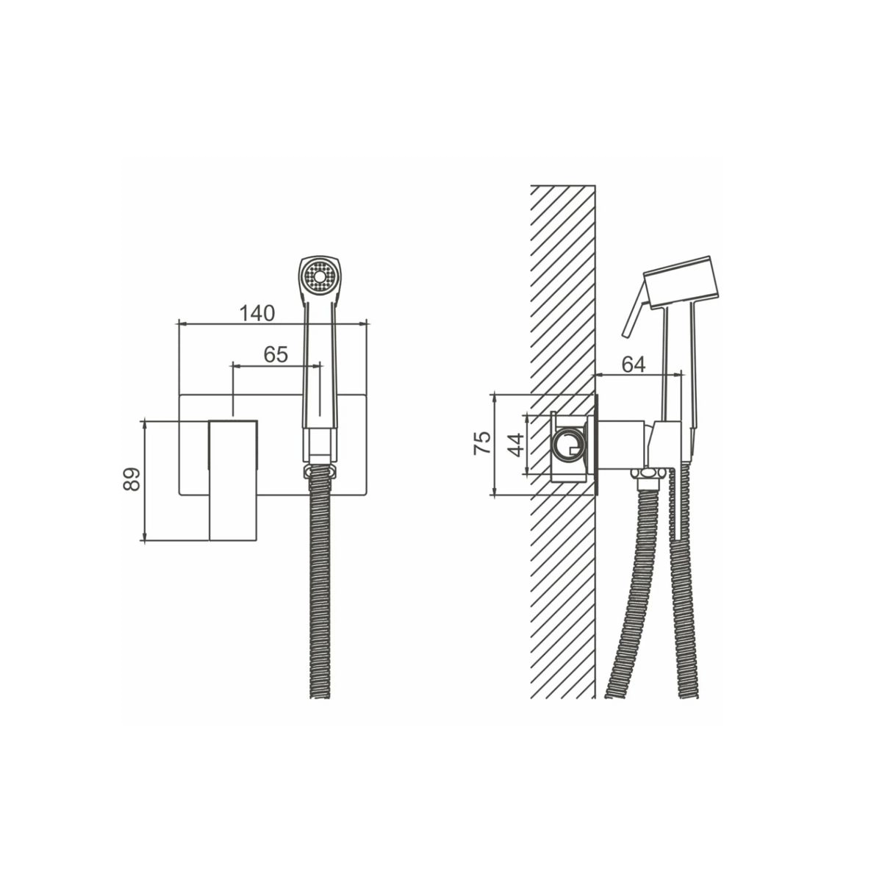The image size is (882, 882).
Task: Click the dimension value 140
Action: point(257,314)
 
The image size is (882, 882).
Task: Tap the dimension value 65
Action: point(276,354)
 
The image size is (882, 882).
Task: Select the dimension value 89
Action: point(132,479)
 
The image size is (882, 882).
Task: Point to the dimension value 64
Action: point(634,365)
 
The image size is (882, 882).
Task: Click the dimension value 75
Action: point(482,443)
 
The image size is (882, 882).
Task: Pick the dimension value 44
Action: point(516,445)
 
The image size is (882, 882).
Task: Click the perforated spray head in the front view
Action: point(320,277)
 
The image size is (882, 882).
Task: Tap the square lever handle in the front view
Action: point(233,480)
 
